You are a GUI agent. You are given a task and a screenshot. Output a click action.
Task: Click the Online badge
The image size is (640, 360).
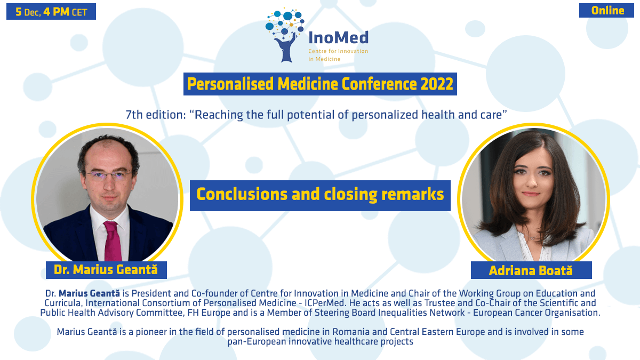606,11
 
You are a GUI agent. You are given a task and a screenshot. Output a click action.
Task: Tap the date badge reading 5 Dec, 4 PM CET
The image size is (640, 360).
51,12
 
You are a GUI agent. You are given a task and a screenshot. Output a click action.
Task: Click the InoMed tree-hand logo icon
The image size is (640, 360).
285,35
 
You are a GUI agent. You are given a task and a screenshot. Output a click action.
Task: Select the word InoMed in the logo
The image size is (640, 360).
339,38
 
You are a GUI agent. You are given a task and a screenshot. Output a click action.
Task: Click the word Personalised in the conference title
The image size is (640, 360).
230,84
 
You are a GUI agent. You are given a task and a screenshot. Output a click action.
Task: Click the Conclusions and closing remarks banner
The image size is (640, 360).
320,195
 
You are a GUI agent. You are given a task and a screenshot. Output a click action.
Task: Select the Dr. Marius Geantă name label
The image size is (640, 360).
106,270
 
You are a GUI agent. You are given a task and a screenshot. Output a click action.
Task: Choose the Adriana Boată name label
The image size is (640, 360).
531,270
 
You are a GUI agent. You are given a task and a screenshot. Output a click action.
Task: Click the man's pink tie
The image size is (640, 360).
113,241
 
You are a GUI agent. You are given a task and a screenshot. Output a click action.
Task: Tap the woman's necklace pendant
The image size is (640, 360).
533,238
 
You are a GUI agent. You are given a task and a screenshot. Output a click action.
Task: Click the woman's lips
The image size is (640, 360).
531,194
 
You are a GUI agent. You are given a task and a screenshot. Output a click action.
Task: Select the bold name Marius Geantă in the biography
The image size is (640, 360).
90,293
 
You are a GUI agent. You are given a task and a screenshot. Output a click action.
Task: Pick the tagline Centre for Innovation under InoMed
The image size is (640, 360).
338,51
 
